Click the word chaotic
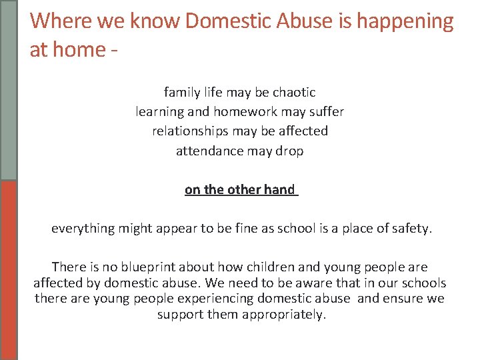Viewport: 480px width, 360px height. pyautogui.click(x=293, y=92)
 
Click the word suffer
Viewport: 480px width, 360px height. pyautogui.click(x=325, y=111)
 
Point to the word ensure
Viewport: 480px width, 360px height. pyautogui.click(x=404, y=298)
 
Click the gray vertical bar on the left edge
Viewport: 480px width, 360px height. pyautogui.click(x=9, y=90)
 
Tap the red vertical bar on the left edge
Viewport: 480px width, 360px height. pyautogui.click(x=9, y=270)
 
